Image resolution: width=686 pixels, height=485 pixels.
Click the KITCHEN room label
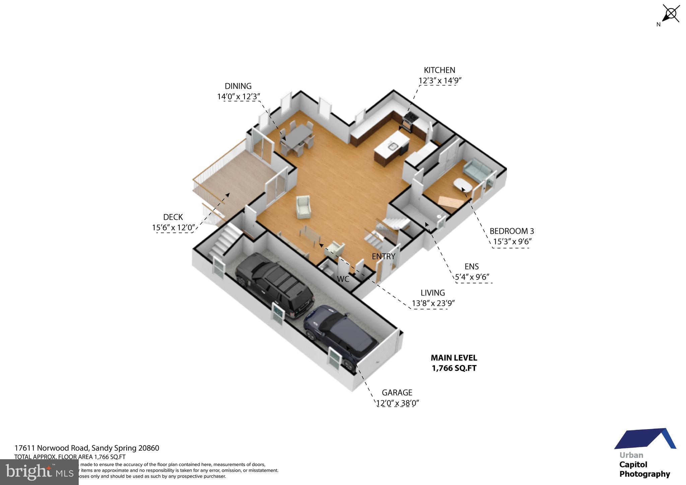click(439, 70)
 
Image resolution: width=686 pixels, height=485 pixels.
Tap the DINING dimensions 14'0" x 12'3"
click(238, 97)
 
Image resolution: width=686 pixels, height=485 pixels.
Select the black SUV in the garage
click(274, 285)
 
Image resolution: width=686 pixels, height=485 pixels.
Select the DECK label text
click(173, 217)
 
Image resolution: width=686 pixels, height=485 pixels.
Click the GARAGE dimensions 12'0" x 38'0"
click(398, 403)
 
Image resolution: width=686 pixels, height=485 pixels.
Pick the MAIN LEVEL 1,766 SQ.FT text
click(454, 363)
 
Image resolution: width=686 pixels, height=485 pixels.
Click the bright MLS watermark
click(39, 472)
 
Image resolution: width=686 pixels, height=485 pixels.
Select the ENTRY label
click(383, 257)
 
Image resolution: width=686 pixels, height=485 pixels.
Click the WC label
click(343, 279)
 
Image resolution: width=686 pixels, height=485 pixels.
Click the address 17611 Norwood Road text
click(86, 448)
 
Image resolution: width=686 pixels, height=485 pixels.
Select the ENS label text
click(471, 267)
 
